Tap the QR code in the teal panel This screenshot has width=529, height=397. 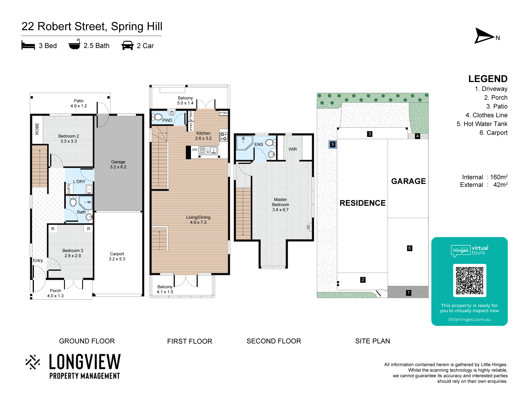pyautogui.click(x=469, y=281)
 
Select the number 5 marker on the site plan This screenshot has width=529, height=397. pyautogui.click(x=333, y=145)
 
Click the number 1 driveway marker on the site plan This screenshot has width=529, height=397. pyautogui.click(x=409, y=293)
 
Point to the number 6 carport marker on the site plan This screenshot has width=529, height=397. pyautogui.click(x=409, y=248)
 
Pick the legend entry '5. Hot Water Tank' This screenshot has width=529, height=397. pyautogui.click(x=482, y=124)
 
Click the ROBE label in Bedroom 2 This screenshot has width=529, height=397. pyautogui.click(x=37, y=129)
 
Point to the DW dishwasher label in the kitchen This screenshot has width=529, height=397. pyautogui.click(x=195, y=150)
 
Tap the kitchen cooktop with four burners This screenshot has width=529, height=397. pyautogui.click(x=224, y=137)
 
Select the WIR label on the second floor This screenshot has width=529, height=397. pyautogui.click(x=293, y=149)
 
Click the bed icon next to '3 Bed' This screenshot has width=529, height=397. pyautogui.click(x=28, y=45)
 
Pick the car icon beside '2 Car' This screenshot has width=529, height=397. pyautogui.click(x=127, y=46)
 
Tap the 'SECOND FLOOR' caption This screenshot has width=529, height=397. pyautogui.click(x=274, y=341)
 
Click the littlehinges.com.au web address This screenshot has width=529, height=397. pyautogui.click(x=469, y=319)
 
